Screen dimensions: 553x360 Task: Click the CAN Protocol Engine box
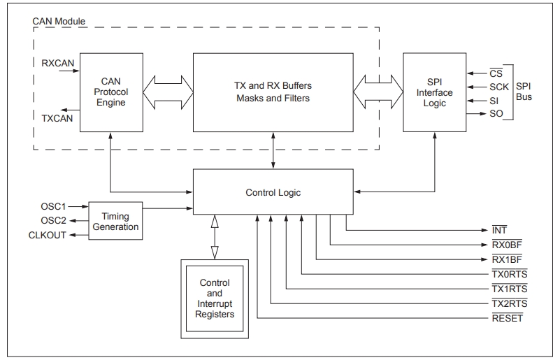pos(111,92)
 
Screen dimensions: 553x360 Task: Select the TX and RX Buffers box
pos(273,92)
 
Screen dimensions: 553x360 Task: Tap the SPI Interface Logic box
pos(435,92)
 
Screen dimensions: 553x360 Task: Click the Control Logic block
pos(273,192)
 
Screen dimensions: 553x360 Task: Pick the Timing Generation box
pos(115,221)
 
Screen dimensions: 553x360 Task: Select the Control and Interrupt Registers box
pos(215,299)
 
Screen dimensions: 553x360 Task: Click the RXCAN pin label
pos(58,63)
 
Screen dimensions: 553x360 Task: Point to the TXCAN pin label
pos(57,118)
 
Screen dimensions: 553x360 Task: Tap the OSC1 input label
pos(53,206)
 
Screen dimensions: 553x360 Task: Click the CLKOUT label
pos(48,235)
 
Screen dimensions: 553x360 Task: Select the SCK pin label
pos(499,87)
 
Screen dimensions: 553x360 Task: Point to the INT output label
pos(499,230)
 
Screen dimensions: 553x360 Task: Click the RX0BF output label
pos(507,245)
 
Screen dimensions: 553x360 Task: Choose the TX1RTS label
pos(510,289)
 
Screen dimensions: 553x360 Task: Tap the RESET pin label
pos(508,318)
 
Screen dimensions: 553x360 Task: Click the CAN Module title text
pos(59,21)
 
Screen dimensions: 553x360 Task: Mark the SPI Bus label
pos(524,92)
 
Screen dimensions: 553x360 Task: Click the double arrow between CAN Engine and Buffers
pos(168,92)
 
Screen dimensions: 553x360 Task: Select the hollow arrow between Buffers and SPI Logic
pos(378,92)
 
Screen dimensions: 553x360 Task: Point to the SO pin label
pos(496,113)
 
